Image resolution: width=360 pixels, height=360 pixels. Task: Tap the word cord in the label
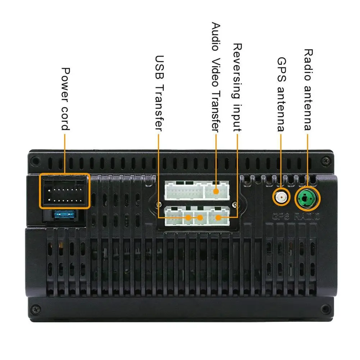(65, 118)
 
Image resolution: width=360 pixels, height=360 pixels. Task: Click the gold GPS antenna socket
(281, 197)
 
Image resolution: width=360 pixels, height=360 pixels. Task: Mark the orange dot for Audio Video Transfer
(215, 191)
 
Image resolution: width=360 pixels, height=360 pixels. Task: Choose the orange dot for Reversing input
(218, 217)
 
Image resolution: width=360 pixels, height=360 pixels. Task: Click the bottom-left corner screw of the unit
(35, 309)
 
